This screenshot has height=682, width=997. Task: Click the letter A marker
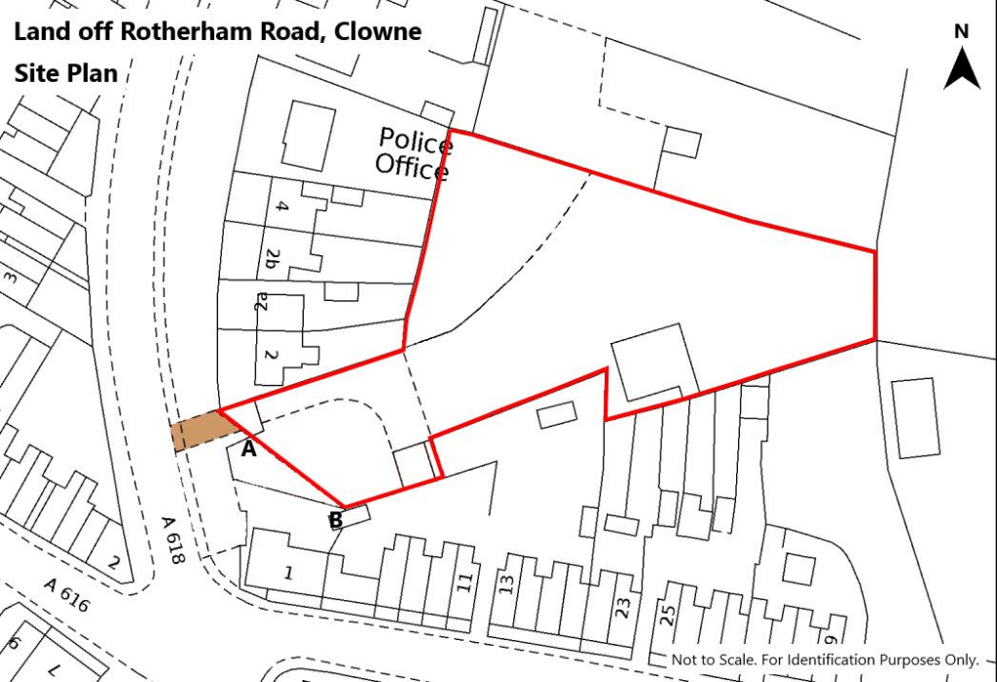pyautogui.click(x=248, y=449)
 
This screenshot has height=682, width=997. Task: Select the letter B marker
pyautogui.click(x=335, y=520)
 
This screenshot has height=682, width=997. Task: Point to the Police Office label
pyautogui.click(x=415, y=154)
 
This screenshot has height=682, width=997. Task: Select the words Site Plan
pyautogui.click(x=65, y=73)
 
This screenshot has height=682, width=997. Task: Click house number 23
pyautogui.click(x=623, y=607)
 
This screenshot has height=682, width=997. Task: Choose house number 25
pyautogui.click(x=668, y=615)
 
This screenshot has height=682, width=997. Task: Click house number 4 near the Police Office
pyautogui.click(x=283, y=207)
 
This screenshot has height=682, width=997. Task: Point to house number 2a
pyautogui.click(x=260, y=304)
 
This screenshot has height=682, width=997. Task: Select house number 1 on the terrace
pyautogui.click(x=288, y=573)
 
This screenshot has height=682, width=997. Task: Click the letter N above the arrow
pyautogui.click(x=962, y=31)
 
